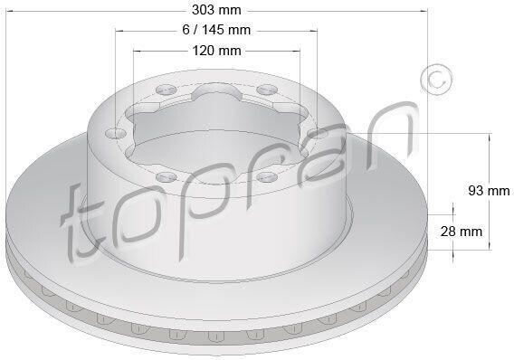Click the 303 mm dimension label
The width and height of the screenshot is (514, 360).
pyautogui.click(x=216, y=10)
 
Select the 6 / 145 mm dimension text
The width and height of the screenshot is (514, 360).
pyautogui.click(x=216, y=30)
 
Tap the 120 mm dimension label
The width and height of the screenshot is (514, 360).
pyautogui.click(x=216, y=51)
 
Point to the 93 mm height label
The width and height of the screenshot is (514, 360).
pyautogui.click(x=489, y=190)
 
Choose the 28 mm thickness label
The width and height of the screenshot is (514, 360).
pyautogui.click(x=462, y=232)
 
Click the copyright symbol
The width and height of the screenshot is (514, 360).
pyautogui.click(x=437, y=80)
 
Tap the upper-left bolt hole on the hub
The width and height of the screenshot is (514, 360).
pyautogui.click(x=166, y=90)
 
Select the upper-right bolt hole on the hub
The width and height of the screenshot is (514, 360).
pyautogui.click(x=267, y=90)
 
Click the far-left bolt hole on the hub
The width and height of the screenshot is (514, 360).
pyautogui.click(x=116, y=133)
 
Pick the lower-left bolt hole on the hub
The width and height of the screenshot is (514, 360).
pyautogui.click(x=167, y=177)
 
